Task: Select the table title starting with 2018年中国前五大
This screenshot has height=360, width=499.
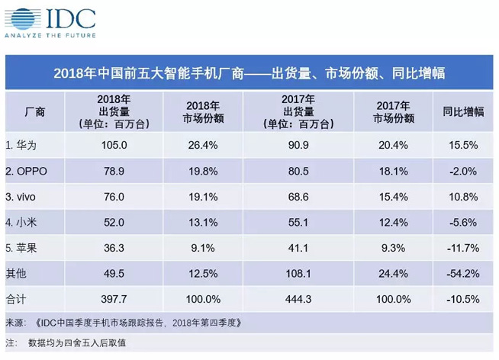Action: [249, 74]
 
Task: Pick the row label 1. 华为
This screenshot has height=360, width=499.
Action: [24, 145]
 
